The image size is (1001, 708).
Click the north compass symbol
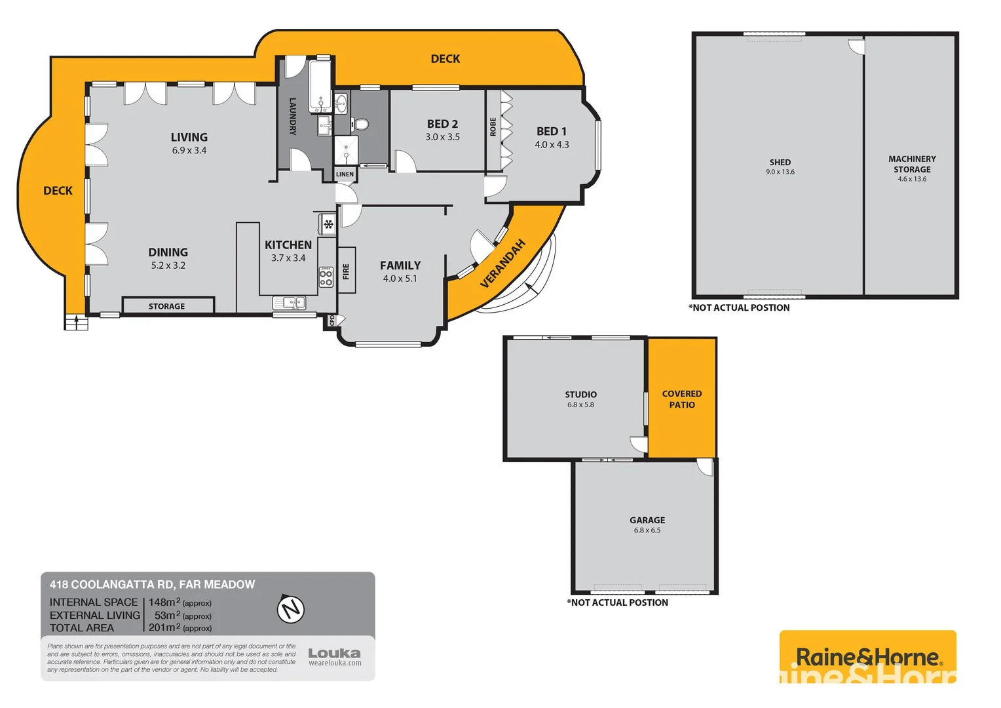291,609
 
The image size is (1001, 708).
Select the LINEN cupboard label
345,174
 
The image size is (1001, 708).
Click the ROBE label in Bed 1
493,127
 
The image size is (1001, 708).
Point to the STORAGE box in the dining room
167,306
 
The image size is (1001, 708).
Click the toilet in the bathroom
360,124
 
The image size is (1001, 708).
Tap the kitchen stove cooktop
326,277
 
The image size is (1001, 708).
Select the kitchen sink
289,303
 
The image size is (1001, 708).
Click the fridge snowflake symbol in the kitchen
328,225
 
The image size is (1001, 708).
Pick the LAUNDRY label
293,116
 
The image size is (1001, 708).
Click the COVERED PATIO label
682,399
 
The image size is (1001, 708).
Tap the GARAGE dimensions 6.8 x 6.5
647,530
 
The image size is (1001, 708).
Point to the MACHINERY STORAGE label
912,164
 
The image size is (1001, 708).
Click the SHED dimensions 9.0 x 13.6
780,172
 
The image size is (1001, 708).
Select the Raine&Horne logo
867,657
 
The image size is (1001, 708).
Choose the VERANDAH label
503,264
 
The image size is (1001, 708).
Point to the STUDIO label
581,395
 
